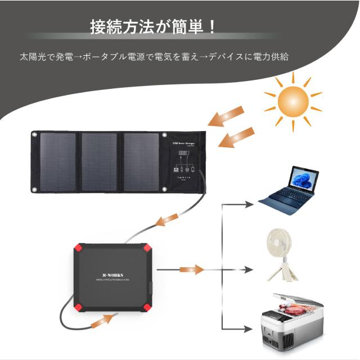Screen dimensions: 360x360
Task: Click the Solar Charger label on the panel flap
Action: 184,144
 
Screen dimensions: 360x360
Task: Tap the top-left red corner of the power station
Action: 77,249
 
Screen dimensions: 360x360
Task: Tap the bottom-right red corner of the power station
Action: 148,307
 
